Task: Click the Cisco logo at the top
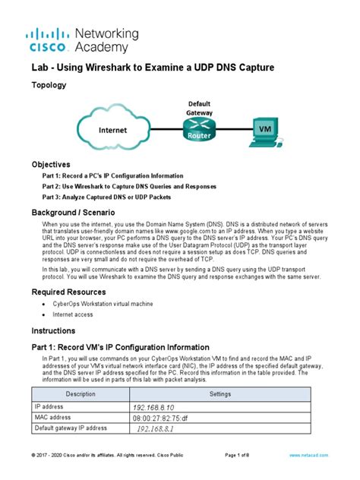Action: [x=48, y=39]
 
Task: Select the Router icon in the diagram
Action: [x=197, y=128]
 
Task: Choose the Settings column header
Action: [x=220, y=393]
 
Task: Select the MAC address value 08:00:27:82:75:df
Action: [x=159, y=418]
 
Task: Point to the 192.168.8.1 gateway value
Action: [x=156, y=429]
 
